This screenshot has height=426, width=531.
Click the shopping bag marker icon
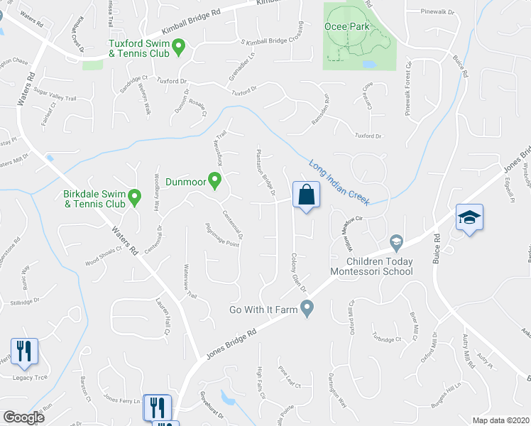click(306, 195)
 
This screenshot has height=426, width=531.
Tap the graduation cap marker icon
click(469, 217)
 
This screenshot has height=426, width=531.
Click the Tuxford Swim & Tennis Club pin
click(179, 48)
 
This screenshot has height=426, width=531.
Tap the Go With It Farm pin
click(307, 307)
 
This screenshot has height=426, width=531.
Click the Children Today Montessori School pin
click(396, 244)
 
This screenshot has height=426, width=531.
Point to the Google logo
click(23, 417)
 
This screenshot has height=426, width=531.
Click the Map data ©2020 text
click(500, 420)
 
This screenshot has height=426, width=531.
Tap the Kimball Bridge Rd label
click(191, 23)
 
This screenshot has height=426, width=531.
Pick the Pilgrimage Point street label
click(222, 234)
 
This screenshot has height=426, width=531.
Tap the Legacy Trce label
click(31, 377)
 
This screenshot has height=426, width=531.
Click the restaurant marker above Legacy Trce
click(23, 351)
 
